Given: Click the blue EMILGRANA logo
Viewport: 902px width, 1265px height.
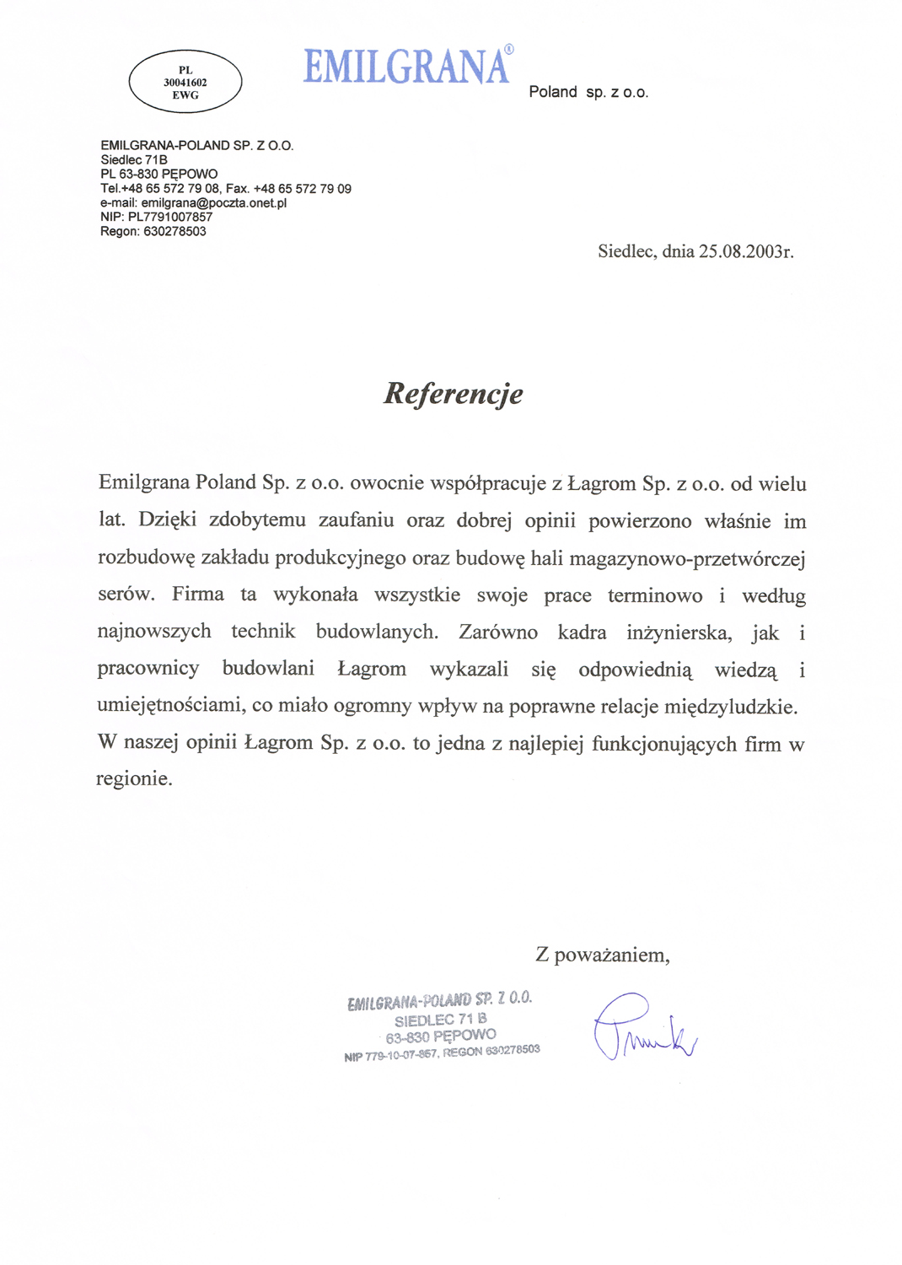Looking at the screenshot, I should click(x=406, y=67).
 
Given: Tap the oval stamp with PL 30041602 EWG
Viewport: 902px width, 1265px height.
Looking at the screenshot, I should click(x=185, y=82).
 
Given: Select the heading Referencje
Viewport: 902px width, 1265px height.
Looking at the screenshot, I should click(x=454, y=394).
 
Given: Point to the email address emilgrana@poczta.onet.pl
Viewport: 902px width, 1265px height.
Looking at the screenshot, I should click(x=214, y=203).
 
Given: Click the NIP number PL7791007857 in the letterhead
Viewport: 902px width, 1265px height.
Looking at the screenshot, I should click(x=170, y=218).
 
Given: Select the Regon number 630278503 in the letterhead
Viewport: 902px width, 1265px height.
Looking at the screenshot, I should click(x=174, y=232).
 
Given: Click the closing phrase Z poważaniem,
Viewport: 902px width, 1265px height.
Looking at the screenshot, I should click(x=603, y=955).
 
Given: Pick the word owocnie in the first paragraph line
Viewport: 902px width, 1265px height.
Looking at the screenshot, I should click(x=387, y=484).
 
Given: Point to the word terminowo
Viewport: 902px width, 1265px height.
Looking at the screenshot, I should click(x=655, y=596).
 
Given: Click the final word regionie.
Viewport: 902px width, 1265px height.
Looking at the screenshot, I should click(x=134, y=779).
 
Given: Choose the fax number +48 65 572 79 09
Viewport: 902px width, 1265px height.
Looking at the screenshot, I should click(x=303, y=189).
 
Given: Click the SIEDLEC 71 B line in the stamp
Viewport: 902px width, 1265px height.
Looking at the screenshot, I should click(x=440, y=1020).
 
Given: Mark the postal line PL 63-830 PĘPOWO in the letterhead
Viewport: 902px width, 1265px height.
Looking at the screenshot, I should click(x=158, y=175).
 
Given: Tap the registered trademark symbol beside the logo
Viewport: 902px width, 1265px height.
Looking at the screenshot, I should click(x=508, y=50).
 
